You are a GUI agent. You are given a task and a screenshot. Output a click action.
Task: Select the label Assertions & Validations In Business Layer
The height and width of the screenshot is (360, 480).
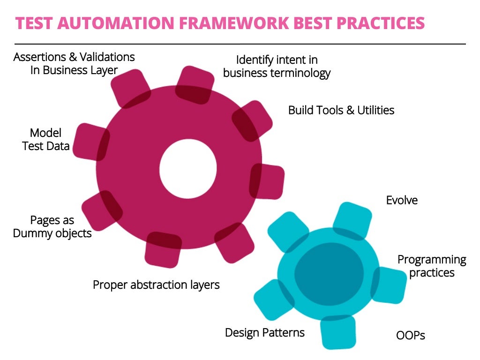[x=74, y=64]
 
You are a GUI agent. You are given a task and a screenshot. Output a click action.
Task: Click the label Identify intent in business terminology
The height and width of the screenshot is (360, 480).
[x=277, y=67]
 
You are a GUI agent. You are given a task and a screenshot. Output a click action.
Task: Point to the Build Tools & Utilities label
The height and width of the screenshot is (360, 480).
[x=341, y=110]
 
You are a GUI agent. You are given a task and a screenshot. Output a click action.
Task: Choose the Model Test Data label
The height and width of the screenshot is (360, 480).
[x=46, y=139]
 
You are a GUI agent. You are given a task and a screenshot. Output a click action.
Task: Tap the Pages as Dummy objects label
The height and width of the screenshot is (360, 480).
[x=52, y=226]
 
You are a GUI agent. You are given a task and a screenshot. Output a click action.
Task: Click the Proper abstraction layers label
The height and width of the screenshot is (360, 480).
[x=156, y=285]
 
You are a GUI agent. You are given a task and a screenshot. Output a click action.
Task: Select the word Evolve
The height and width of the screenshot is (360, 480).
[x=402, y=200]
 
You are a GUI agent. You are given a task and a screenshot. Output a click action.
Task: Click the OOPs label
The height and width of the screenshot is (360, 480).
[x=411, y=335]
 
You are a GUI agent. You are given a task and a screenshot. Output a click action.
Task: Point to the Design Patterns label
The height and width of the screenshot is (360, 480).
[x=265, y=333]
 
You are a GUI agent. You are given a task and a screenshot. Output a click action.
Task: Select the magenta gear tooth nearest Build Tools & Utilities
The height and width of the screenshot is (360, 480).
[x=253, y=120]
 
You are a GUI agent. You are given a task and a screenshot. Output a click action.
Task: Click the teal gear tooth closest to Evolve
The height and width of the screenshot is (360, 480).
[x=353, y=220]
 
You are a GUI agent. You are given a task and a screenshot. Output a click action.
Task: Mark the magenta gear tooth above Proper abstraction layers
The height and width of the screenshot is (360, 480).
[x=163, y=248]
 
